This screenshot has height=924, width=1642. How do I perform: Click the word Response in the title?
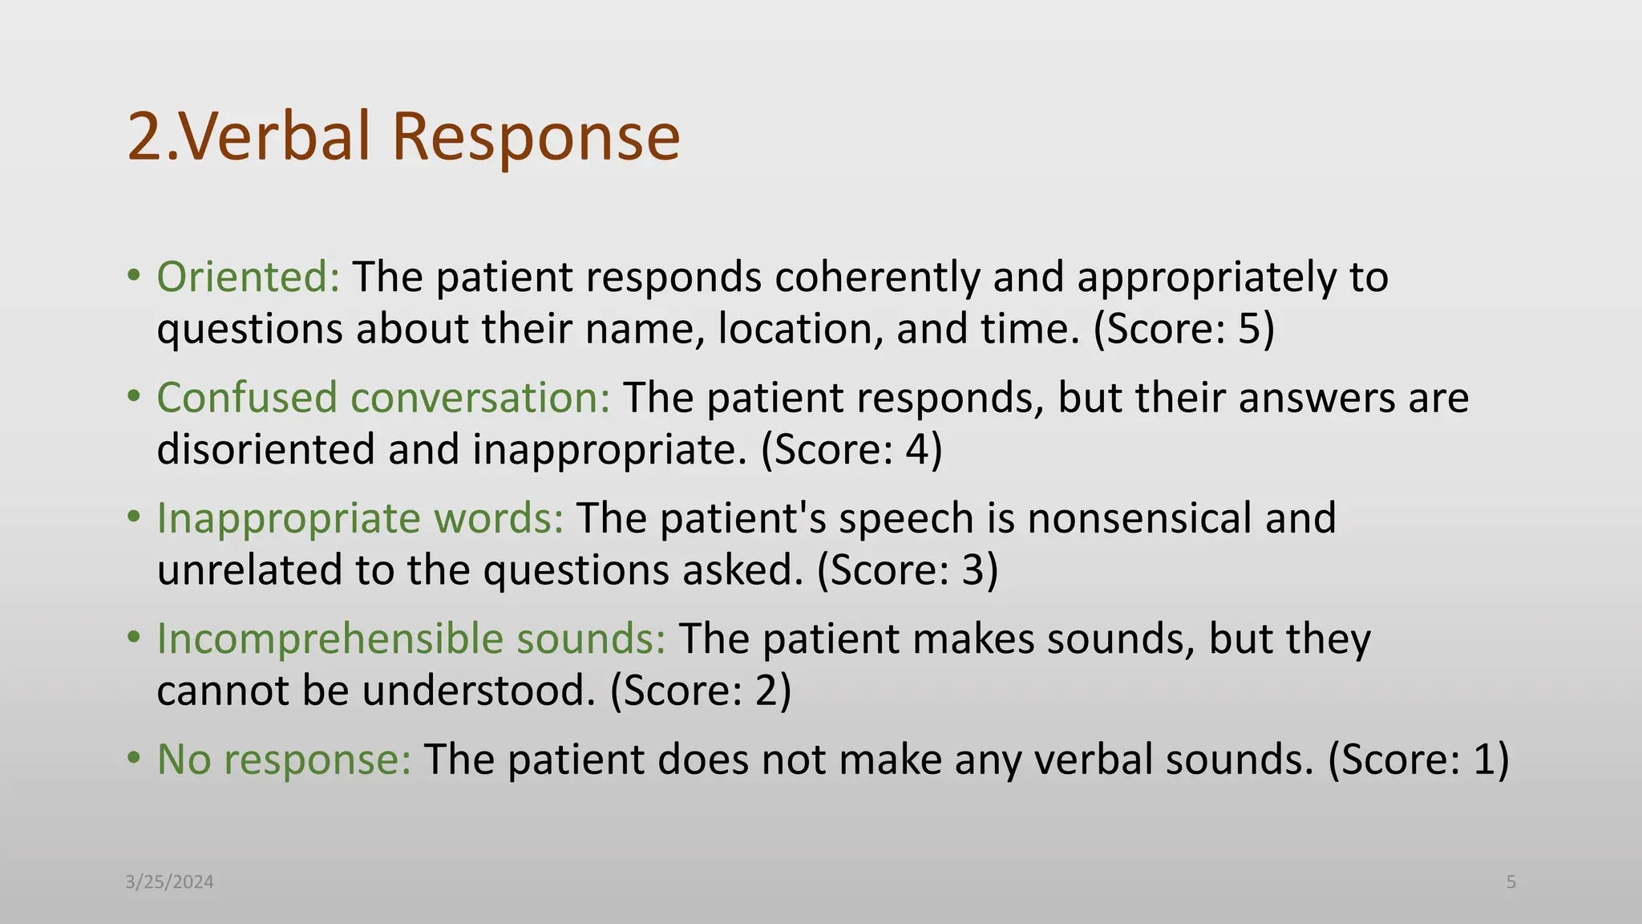pyautogui.click(x=536, y=136)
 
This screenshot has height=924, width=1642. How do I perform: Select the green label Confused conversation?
pyautogui.click(x=383, y=398)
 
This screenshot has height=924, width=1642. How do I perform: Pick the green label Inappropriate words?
pyautogui.click(x=360, y=518)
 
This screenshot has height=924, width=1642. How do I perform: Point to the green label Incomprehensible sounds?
pyautogui.click(x=410, y=639)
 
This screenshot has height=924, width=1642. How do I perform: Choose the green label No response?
pyautogui.click(x=284, y=760)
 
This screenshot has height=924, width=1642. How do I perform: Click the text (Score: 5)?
pyautogui.click(x=1183, y=329)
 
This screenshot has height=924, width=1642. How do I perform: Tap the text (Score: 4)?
pyautogui.click(x=851, y=449)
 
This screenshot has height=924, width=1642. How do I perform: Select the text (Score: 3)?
pyautogui.click(x=908, y=570)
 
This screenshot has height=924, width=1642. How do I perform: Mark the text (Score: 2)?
pyautogui.click(x=701, y=691)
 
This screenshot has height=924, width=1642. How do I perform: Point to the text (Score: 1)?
pyautogui.click(x=1418, y=760)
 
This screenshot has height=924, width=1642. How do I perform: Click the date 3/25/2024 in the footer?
pyautogui.click(x=170, y=882)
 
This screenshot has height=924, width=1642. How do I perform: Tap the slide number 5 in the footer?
pyautogui.click(x=1511, y=882)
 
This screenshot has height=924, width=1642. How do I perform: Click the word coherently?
pyautogui.click(x=877, y=278)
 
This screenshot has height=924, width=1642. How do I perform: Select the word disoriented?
pyautogui.click(x=265, y=449)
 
